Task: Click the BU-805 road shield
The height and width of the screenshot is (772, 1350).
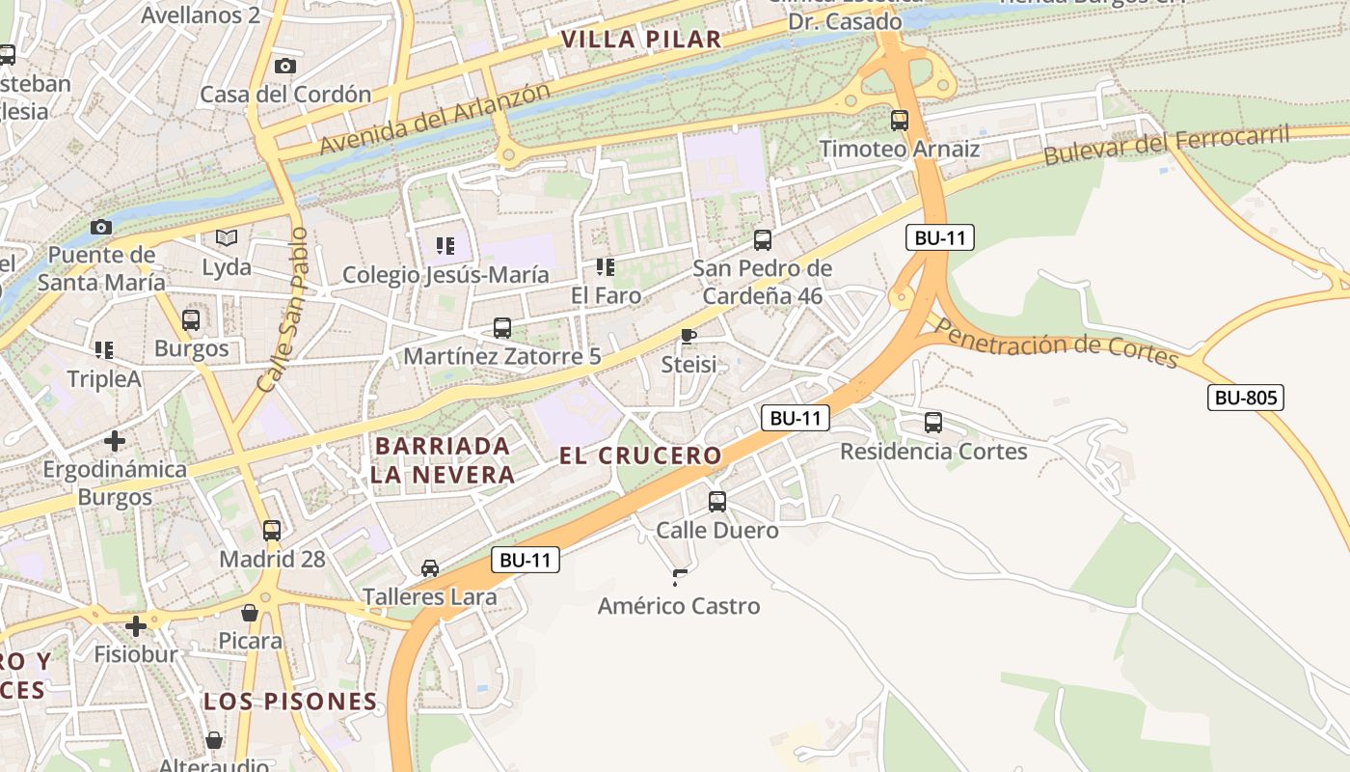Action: click(x=1246, y=397)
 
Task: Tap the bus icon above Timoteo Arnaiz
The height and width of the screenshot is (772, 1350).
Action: click(x=900, y=121)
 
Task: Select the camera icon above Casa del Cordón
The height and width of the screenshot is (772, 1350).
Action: click(x=284, y=66)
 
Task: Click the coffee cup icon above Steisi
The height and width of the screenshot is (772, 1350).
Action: click(x=688, y=336)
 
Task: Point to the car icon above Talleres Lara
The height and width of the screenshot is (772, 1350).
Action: click(x=430, y=568)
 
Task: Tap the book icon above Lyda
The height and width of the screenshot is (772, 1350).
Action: click(x=227, y=237)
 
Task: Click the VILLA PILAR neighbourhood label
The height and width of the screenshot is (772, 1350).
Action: click(x=640, y=40)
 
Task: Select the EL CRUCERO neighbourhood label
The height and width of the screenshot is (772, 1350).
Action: click(x=640, y=455)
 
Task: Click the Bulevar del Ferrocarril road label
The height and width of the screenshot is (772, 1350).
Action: click(x=1167, y=146)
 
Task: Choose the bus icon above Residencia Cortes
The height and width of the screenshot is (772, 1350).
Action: click(x=933, y=422)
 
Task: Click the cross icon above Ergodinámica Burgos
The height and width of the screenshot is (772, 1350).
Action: click(x=115, y=441)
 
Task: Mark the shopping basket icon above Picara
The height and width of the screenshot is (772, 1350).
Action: click(x=250, y=613)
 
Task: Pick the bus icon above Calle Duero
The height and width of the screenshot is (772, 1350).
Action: click(x=717, y=501)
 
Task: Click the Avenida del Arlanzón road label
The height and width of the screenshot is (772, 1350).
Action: click(x=435, y=119)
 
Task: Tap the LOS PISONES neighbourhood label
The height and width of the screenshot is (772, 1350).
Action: click(x=289, y=702)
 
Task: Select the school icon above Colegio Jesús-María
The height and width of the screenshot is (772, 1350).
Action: click(x=445, y=246)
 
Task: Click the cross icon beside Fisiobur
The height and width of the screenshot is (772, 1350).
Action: click(x=136, y=626)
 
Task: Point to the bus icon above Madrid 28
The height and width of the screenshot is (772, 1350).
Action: click(x=272, y=530)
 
